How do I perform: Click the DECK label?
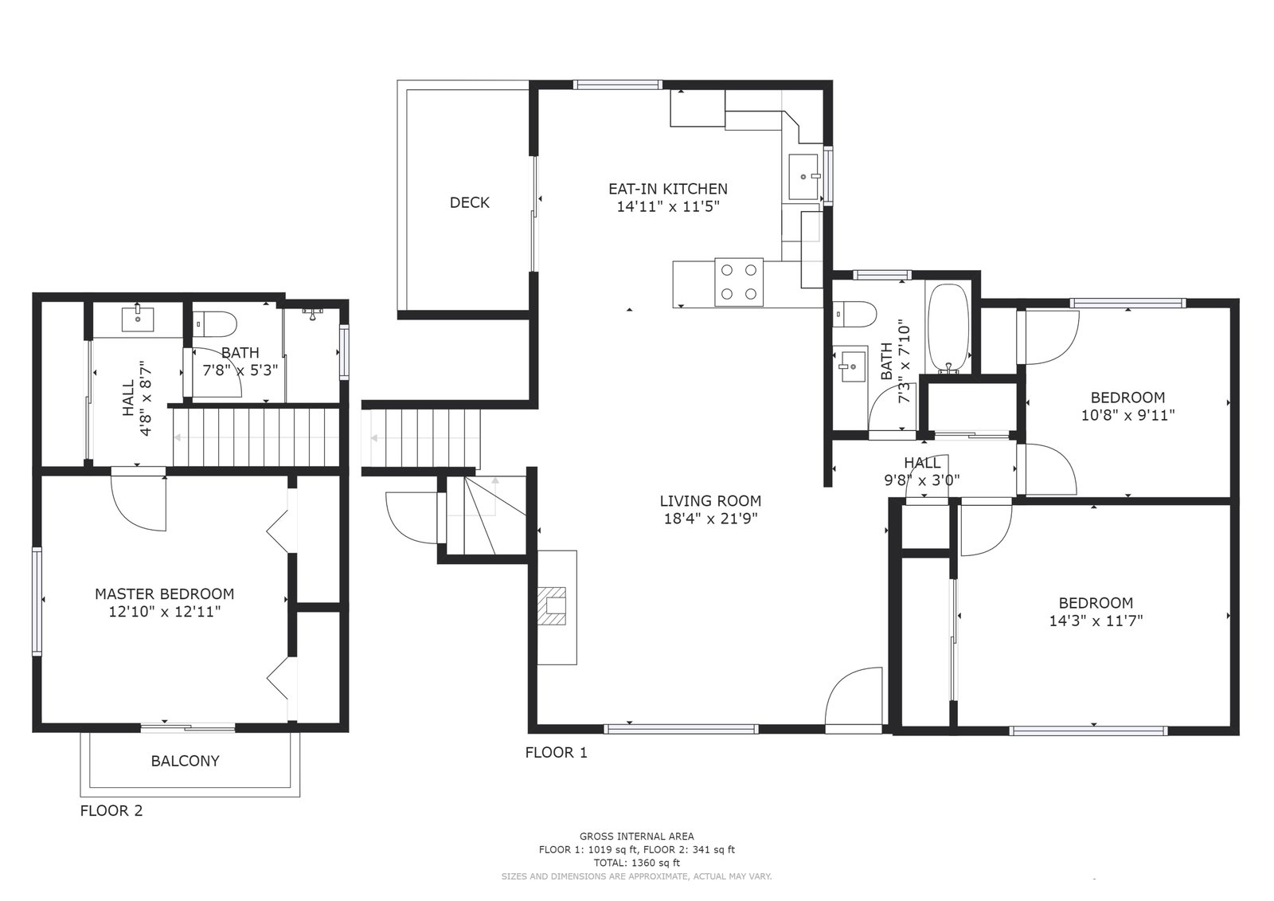pos(469,202)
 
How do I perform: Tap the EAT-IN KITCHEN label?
pos(668,189)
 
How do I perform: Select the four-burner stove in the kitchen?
pos(740,282)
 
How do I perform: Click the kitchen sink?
pos(803,176)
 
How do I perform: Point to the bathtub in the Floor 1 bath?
pos(948,328)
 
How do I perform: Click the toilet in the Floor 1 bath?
pos(854,315)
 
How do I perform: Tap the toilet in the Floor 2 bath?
pos(214,325)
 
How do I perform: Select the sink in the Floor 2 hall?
pos(138,318)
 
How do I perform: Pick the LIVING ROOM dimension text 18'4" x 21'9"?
pos(711,519)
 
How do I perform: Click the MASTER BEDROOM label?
pos(164,594)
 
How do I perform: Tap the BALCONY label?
pos(185,761)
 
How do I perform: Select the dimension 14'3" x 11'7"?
pos(1096,621)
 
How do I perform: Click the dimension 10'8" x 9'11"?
pos(1127,416)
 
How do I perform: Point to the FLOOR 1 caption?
pos(556,753)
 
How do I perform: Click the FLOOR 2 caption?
pos(111,810)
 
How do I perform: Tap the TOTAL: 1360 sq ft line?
pos(637,863)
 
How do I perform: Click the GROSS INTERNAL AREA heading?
pos(637,836)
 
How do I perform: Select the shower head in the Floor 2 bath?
pos(312,312)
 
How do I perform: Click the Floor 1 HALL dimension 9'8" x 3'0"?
pos(922,480)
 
